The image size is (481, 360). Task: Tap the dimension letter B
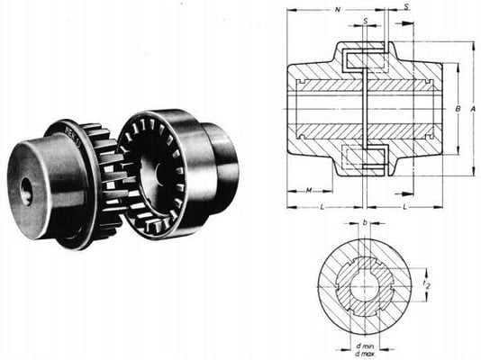tap(458, 110)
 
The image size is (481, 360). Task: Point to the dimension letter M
tap(309, 191)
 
